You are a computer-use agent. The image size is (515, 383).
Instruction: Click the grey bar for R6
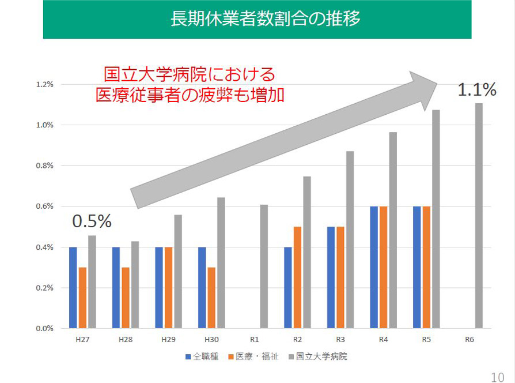(x=479, y=216)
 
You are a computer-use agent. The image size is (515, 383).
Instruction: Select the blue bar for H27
(x=73, y=288)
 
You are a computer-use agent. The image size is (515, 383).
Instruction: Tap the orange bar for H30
(x=211, y=298)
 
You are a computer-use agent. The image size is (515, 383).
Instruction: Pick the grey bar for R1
(x=264, y=266)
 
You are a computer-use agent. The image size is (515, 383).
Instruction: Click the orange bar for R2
(x=297, y=277)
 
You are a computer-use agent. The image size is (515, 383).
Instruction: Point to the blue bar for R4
(x=374, y=267)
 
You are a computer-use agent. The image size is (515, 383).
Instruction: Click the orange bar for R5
(x=427, y=267)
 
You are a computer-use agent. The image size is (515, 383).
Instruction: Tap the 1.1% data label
(x=476, y=89)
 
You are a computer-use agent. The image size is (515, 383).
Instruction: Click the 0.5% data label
(x=92, y=221)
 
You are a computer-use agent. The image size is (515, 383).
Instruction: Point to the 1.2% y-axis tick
(x=44, y=84)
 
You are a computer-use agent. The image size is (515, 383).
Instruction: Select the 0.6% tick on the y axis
(x=44, y=206)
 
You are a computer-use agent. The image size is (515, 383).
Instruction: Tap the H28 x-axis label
(x=126, y=340)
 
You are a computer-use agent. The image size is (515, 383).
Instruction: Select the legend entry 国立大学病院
(x=320, y=356)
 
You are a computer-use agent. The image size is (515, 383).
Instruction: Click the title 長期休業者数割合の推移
(x=257, y=19)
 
